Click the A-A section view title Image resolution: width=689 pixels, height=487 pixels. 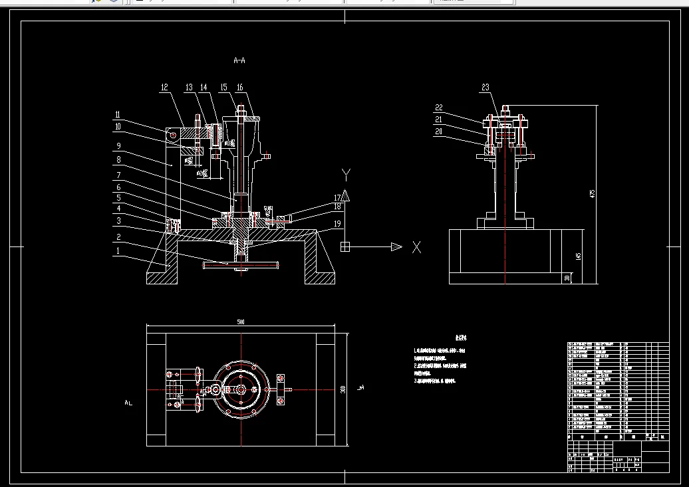click(239, 60)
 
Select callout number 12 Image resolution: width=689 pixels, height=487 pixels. click(164, 87)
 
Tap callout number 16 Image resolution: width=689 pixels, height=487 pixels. click(239, 88)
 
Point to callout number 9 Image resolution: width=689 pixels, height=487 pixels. click(117, 146)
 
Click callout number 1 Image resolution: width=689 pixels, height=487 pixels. click(117, 252)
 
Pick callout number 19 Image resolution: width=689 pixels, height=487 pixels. click(337, 225)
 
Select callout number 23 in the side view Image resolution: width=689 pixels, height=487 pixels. click(485, 88)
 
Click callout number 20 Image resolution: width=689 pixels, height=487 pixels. click(439, 132)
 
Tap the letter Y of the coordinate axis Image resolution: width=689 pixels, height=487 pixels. click(346, 174)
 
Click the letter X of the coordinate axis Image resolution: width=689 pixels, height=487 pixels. click(416, 247)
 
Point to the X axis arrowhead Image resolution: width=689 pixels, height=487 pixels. click(396, 247)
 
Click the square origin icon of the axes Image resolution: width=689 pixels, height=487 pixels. click(344, 247)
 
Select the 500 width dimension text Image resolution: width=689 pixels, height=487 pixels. click(240, 322)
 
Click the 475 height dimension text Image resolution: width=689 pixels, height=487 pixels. click(592, 193)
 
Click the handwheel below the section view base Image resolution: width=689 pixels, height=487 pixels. click(240, 265)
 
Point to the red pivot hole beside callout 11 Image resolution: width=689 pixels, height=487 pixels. click(172, 135)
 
